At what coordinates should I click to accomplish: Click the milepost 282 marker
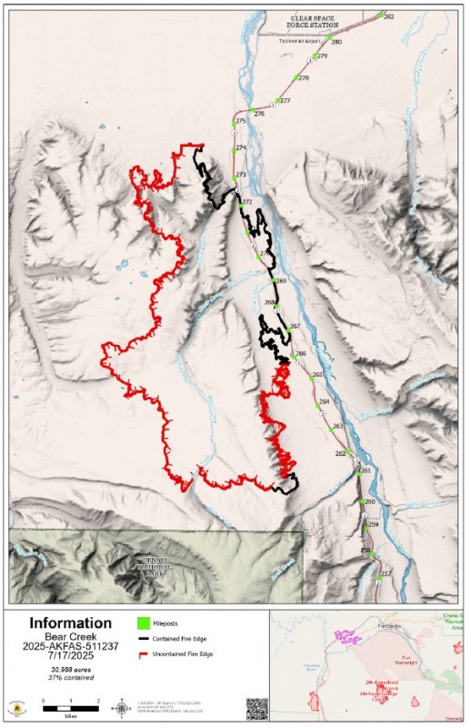381,15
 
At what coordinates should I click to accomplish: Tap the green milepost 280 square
328,40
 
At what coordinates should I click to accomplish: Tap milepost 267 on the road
286,326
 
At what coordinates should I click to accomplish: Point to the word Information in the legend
70,623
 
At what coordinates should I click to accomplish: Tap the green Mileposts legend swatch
144,623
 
